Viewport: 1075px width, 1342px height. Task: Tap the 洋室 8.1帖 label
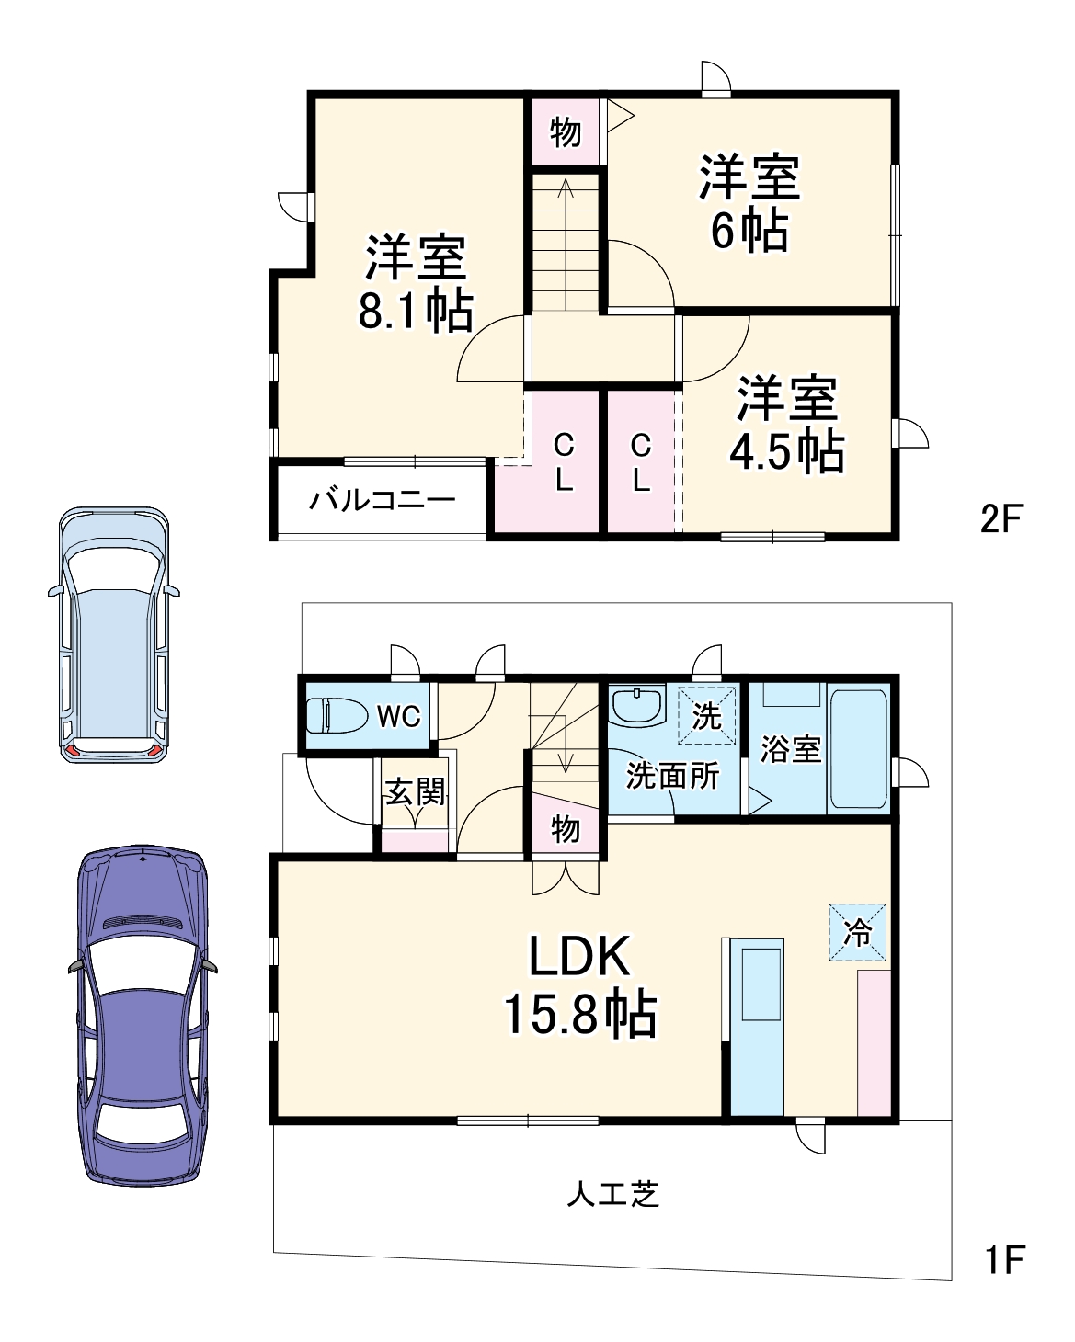coord(416,284)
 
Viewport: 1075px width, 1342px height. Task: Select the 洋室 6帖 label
coord(749,203)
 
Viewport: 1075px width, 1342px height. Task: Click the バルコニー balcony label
coord(382,501)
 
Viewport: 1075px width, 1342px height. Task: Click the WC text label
coord(398,716)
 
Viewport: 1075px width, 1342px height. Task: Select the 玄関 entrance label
coord(415,791)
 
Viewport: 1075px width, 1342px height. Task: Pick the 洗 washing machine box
coord(706,715)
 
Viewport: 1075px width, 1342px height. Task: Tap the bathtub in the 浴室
coord(858,750)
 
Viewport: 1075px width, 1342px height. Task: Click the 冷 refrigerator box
coord(858,933)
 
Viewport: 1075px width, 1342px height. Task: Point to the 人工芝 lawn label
coord(613,1194)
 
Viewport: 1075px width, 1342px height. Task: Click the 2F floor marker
coord(1001,519)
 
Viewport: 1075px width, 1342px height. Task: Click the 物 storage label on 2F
coord(566,132)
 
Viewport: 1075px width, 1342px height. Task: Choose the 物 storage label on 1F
coord(566,829)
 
